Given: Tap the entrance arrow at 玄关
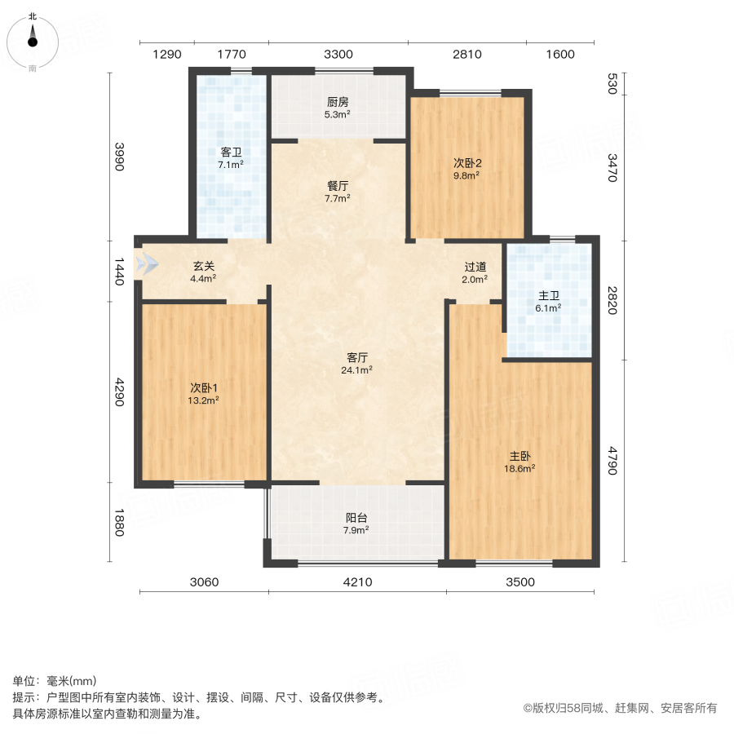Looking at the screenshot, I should point(148,265).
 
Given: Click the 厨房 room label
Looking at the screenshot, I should point(338,103).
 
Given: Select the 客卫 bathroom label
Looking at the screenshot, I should point(231,153).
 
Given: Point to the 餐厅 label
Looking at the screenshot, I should point(338,185).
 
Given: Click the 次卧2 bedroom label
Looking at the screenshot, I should point(466,161).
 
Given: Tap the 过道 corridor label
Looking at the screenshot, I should point(475,267).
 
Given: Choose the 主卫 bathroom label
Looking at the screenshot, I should point(547,296).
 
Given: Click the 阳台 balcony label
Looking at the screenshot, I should point(356,517).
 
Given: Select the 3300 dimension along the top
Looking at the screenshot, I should point(338,55).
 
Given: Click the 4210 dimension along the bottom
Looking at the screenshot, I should point(357,582).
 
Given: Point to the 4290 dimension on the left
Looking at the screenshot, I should point(118,391).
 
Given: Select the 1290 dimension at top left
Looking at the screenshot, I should point(167,55).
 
